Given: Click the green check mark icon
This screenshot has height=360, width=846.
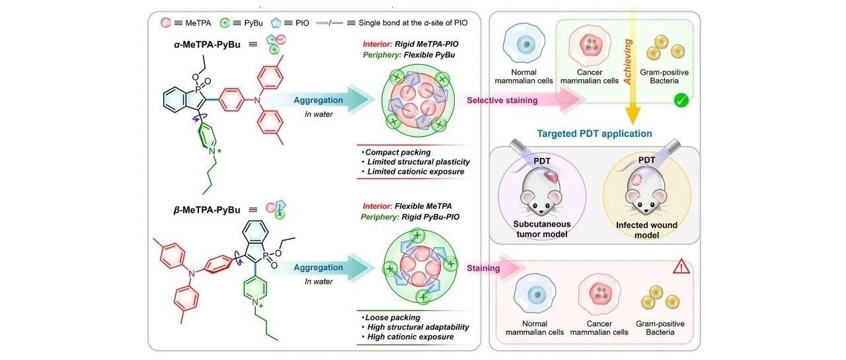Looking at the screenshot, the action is [x=681, y=100].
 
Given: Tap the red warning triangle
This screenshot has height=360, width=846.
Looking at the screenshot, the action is [x=681, y=267].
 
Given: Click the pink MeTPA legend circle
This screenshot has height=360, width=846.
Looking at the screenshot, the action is [x=166, y=22].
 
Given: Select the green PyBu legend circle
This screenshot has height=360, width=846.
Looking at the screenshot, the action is [x=225, y=22].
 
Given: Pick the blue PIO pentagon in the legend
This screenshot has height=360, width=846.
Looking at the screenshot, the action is [x=276, y=23].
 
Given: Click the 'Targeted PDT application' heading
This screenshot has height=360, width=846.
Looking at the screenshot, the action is [x=594, y=133].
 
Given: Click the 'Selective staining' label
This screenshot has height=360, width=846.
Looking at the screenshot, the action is [x=502, y=100].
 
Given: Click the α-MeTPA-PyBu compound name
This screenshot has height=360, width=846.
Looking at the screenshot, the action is [x=207, y=44].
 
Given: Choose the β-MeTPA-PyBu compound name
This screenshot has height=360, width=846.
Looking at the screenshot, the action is [x=207, y=210].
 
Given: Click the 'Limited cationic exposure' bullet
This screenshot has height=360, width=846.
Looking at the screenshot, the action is [x=413, y=172].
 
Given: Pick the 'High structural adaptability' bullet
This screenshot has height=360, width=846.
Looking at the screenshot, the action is [x=415, y=327].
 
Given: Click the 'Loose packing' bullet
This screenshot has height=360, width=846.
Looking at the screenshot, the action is [x=391, y=317].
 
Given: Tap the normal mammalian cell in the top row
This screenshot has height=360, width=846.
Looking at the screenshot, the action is [x=524, y=44].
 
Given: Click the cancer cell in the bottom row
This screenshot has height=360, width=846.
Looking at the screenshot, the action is [x=599, y=295].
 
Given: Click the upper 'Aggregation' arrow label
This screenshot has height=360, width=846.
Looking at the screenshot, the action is [x=319, y=100].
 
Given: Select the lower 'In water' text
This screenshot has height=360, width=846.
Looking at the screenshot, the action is [x=319, y=281].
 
